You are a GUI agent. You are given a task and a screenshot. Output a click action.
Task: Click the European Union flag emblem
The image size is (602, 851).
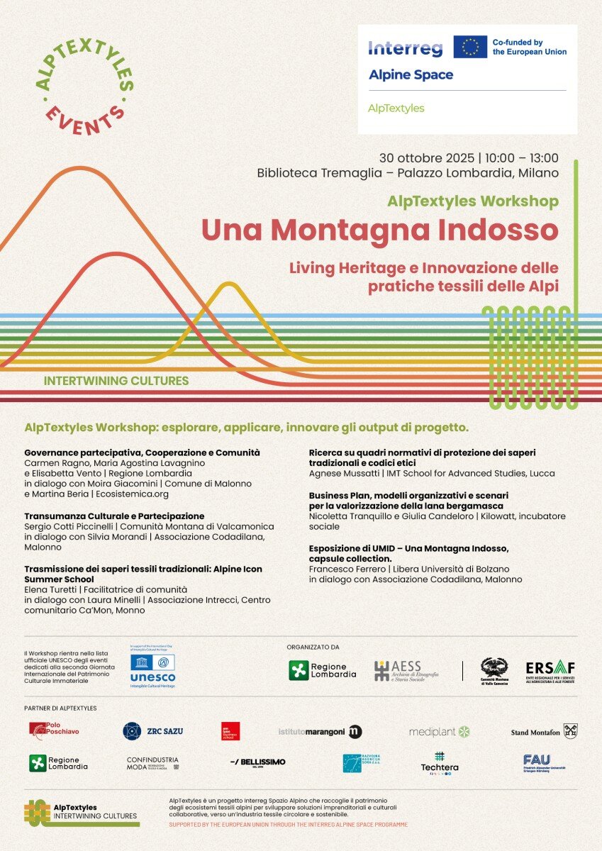[470, 47]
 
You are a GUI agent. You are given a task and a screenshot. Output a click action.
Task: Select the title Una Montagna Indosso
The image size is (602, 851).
[379, 230]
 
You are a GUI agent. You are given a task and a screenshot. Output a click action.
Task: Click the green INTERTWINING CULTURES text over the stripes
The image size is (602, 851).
[116, 381]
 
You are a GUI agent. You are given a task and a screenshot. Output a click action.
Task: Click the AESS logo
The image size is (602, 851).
[406, 670]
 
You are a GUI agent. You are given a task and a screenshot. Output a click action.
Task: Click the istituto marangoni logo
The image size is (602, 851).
[320, 731]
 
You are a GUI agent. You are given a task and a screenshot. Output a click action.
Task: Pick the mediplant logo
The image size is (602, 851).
[440, 731]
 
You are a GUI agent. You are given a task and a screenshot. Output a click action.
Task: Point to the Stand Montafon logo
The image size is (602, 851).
[545, 731]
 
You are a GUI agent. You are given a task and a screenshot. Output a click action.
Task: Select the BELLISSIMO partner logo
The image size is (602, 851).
[258, 762]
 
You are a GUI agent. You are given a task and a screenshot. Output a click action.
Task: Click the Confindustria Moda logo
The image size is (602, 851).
[152, 763]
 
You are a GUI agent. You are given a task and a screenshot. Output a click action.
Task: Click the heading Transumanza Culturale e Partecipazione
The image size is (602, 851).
[114, 516]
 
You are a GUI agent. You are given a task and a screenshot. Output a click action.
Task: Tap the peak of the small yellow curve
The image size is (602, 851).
[228, 284]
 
